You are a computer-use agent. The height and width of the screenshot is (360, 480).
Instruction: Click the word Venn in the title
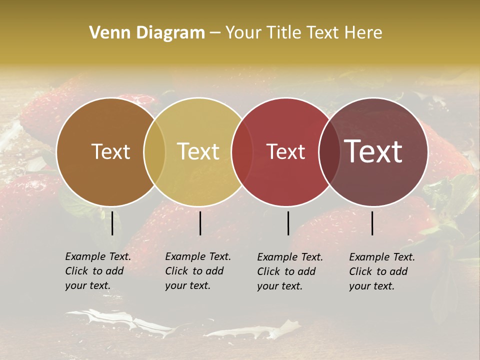(x=105, y=33)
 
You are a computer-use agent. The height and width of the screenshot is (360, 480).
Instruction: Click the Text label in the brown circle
(x=110, y=151)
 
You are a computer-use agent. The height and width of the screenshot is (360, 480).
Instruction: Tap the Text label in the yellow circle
(x=198, y=151)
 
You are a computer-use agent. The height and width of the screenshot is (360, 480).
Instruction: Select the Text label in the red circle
(x=285, y=151)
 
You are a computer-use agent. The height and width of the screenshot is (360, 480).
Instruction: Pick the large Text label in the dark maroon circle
(x=373, y=151)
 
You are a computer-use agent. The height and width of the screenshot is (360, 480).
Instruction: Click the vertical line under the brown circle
(x=112, y=223)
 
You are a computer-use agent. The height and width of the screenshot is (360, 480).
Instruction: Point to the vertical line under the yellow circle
(x=200, y=223)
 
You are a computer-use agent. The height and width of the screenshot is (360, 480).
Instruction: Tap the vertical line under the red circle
(x=288, y=223)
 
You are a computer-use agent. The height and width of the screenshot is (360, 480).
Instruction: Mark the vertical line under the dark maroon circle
(x=372, y=223)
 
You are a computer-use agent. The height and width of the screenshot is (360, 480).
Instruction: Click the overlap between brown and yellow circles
(x=154, y=152)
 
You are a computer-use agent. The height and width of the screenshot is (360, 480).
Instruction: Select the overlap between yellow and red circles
(x=242, y=152)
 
